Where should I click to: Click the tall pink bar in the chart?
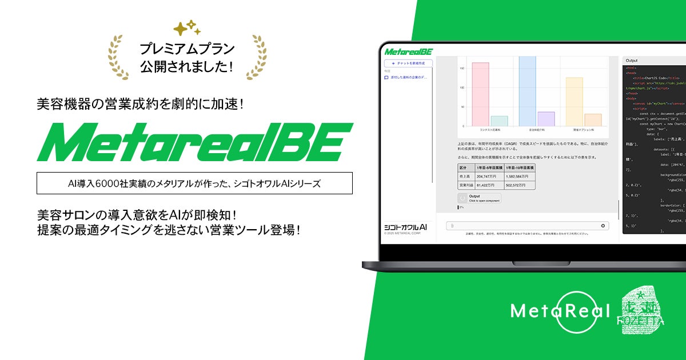coord(480,94)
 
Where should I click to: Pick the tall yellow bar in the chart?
coord(574,101)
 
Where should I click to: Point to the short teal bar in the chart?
coord(499,121)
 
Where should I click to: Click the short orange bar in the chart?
coord(593,119)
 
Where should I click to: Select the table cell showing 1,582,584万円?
coord(519,177)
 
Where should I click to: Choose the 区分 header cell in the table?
coord(463,167)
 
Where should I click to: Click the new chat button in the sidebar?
coord(408,63)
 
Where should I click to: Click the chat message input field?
coord(526,226)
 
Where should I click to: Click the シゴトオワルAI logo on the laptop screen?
coord(405,227)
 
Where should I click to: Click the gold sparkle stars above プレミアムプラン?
coord(186,29)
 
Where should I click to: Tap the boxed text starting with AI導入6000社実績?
coord(194,183)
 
